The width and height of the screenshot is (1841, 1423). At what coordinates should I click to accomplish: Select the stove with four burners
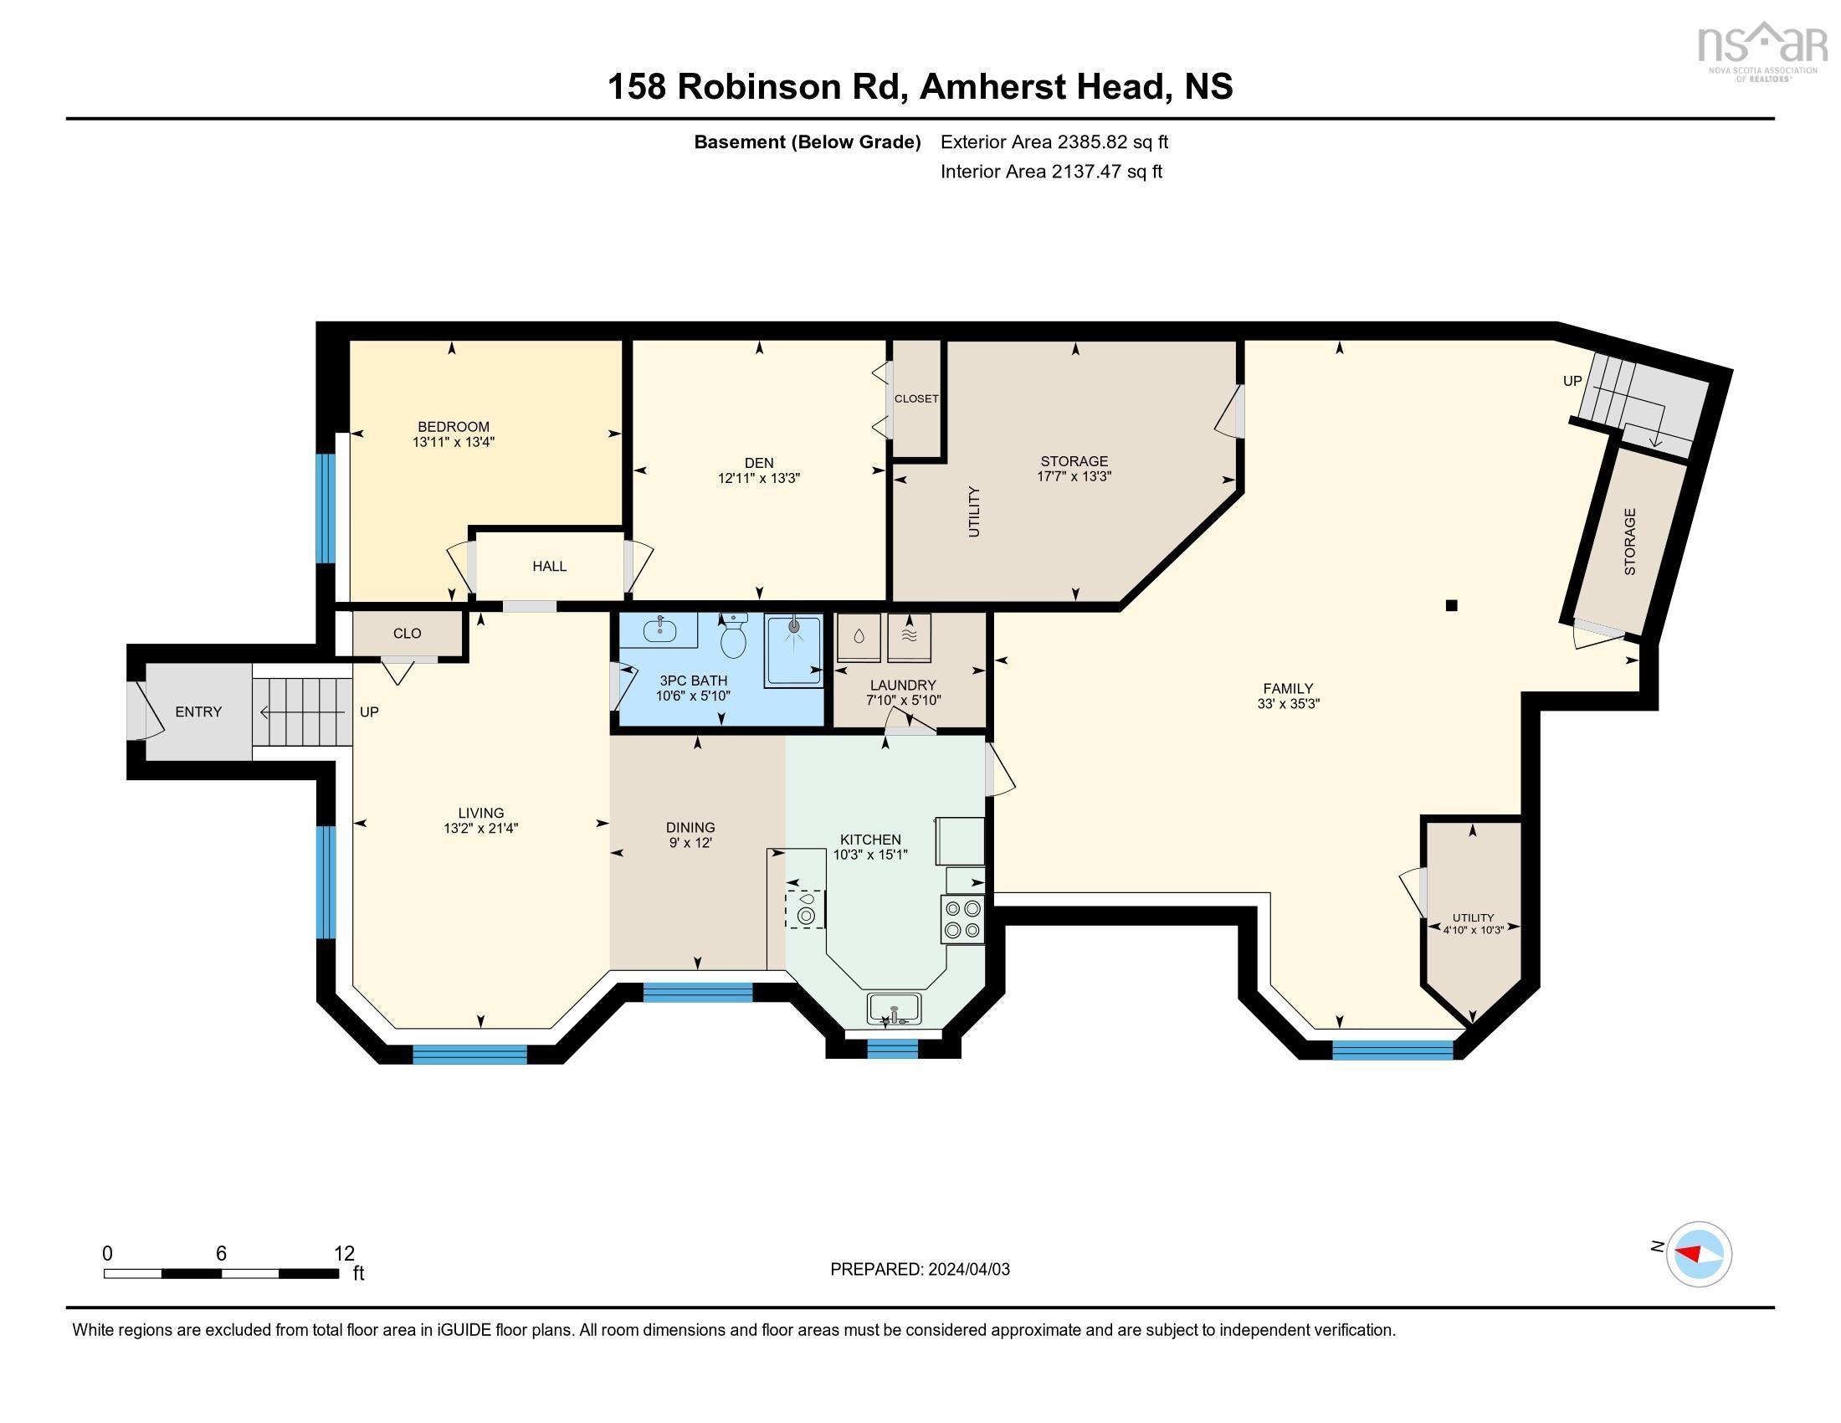click(x=962, y=919)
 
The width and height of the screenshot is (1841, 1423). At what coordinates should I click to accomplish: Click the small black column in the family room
click(x=1451, y=605)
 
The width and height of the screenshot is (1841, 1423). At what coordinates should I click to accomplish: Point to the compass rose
click(x=1699, y=1255)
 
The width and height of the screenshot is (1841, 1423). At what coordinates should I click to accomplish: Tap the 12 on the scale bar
click(x=344, y=1254)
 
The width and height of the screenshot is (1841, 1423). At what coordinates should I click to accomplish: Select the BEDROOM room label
click(x=454, y=427)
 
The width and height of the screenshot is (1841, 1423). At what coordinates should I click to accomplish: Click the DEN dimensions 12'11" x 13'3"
click(x=759, y=478)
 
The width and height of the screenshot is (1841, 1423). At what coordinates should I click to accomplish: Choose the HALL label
click(x=549, y=567)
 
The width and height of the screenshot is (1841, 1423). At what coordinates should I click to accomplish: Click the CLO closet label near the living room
click(x=408, y=634)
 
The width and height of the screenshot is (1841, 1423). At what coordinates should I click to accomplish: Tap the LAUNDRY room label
click(x=903, y=686)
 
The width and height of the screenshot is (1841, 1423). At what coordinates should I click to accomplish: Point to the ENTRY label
click(x=198, y=711)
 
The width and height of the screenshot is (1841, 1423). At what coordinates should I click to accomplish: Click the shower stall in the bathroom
click(x=793, y=650)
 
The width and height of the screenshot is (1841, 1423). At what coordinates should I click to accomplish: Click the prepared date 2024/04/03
click(x=967, y=1270)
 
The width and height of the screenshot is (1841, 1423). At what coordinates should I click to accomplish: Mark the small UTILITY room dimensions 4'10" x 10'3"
click(x=1473, y=931)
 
